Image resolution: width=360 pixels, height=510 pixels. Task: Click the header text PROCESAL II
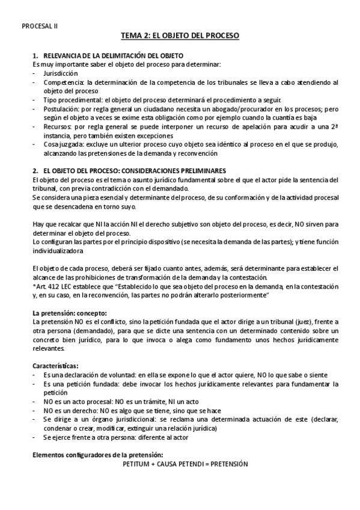[x=40, y=26]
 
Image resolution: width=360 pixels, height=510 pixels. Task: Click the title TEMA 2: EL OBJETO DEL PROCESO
[x=180, y=36]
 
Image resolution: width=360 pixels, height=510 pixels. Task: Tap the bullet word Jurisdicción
[x=61, y=72]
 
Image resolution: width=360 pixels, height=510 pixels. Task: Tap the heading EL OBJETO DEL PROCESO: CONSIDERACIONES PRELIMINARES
[x=133, y=171]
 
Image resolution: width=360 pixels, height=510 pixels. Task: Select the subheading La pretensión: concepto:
[x=69, y=313]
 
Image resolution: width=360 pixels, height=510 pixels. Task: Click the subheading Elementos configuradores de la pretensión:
[x=97, y=455]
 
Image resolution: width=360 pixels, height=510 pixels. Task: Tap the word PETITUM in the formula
[x=136, y=465]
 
